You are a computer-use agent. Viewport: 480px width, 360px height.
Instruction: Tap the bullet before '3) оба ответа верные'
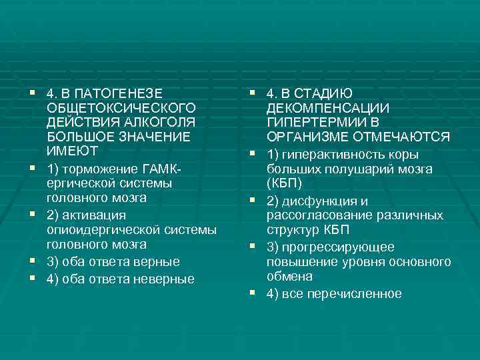pos(32,261)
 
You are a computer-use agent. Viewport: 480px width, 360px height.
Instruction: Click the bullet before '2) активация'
pos(32,214)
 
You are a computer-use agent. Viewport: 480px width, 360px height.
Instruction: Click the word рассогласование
pos(321,215)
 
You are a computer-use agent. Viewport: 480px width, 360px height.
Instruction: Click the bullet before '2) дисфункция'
pos(253,199)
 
